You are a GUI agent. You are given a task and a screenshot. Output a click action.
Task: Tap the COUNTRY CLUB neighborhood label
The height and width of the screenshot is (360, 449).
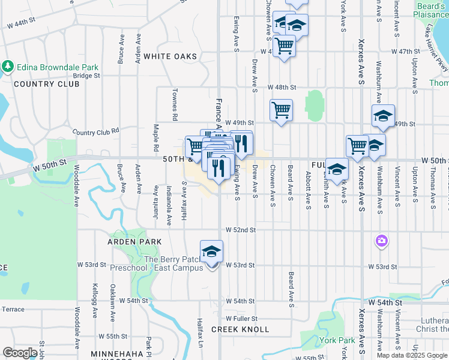(46, 84)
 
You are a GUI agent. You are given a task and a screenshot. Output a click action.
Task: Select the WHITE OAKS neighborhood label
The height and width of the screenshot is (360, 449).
(170, 56)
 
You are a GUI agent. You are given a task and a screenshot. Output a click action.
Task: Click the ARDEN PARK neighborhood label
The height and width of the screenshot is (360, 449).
(134, 241)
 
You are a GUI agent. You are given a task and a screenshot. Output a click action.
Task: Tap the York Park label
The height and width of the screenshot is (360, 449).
(337, 340)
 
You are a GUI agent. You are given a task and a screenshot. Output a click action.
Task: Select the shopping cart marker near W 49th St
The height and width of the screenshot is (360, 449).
(281, 110)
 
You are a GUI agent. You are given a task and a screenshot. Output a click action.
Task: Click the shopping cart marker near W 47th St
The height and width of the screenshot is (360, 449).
(284, 46)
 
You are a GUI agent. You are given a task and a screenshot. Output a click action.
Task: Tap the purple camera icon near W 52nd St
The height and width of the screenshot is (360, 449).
(381, 241)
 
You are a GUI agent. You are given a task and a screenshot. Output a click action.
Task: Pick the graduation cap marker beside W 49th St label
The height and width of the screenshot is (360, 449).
(382, 116)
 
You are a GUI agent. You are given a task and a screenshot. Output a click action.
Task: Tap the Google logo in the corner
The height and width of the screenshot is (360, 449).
(20, 353)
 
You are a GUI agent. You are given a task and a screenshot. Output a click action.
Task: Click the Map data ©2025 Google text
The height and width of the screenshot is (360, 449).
(412, 355)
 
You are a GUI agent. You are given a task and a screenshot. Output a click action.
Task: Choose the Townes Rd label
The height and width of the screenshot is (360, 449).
(175, 103)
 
